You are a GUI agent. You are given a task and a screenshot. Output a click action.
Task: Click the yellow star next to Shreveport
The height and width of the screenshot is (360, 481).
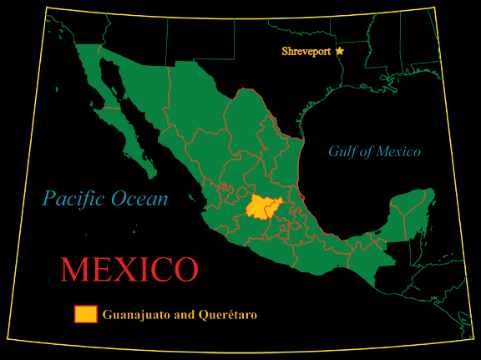pyautogui.click(x=340, y=52)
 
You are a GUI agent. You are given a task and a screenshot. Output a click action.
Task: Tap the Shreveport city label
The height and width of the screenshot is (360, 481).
pyautogui.click(x=306, y=52)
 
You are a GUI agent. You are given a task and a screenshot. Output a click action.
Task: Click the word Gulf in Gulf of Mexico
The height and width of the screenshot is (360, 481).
pyautogui.click(x=343, y=152)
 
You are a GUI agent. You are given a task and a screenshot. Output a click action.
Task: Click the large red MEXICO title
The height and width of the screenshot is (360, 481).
pyautogui.click(x=129, y=269)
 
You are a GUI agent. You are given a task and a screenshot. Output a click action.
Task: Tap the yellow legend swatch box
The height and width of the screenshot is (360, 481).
pyautogui.click(x=86, y=314)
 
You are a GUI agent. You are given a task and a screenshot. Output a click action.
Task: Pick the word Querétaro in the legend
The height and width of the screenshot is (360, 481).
pyautogui.click(x=225, y=315)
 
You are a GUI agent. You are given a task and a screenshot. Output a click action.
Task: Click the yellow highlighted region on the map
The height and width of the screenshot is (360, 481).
pyautogui.click(x=265, y=208)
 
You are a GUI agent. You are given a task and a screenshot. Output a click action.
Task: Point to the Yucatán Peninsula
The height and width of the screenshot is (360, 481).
pyautogui.click(x=410, y=209)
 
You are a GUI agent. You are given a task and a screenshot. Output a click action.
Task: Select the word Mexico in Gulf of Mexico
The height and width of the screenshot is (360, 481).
pyautogui.click(x=398, y=152)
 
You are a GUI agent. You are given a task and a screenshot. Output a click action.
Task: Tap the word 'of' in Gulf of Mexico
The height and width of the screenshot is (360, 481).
pyautogui.click(x=368, y=152)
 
